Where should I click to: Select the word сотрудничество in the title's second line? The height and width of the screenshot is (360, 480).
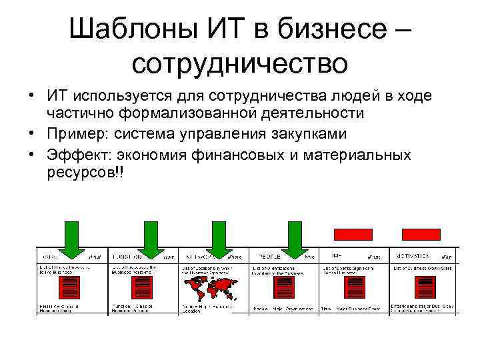tap(239, 63)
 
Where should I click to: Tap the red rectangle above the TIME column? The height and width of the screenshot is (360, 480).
tap(352, 234)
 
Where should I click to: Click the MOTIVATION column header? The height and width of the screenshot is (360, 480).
tap(414, 256)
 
